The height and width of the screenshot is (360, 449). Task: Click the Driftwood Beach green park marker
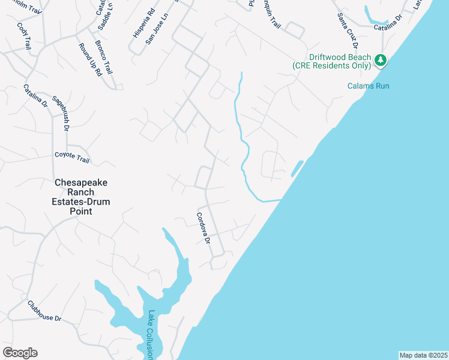[380, 60]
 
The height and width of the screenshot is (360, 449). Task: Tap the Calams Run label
[368, 86]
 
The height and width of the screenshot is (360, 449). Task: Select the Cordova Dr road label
[203, 228]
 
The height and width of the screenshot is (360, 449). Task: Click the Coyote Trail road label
[71, 157]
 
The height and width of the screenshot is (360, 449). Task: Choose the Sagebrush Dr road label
[61, 112]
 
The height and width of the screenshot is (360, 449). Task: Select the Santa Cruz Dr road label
[348, 31]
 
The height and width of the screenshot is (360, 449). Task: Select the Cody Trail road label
[24, 36]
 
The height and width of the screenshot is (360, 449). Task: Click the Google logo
[20, 353]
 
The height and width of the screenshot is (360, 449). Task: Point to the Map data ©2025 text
[423, 355]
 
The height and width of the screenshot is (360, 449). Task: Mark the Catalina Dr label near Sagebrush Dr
[35, 95]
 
